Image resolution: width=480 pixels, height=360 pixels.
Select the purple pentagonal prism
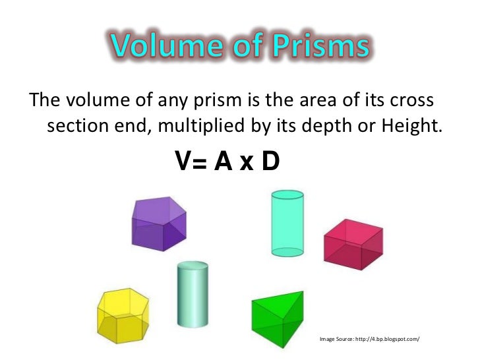(159, 224)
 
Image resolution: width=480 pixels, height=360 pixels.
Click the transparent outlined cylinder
(287, 223)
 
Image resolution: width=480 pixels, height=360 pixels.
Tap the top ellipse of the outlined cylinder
(287, 195)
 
